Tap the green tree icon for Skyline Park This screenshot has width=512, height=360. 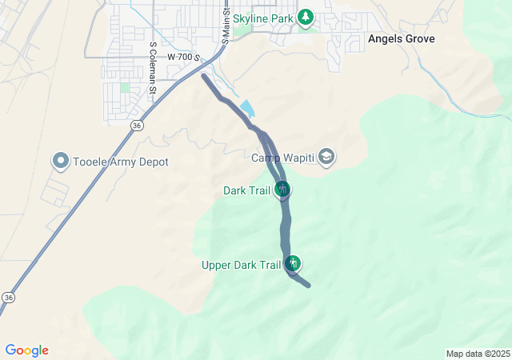click(305, 17)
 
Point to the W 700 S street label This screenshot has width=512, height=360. click(183, 58)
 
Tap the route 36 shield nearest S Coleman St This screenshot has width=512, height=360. click(138, 126)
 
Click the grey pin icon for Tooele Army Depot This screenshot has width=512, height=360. click(61, 162)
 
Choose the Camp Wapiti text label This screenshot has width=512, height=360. click(283, 158)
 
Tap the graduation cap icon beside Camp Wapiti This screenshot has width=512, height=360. click(326, 157)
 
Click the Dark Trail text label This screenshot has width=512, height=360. click(246, 190)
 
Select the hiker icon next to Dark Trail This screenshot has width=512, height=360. click(282, 190)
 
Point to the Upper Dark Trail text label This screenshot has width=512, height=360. click(241, 265)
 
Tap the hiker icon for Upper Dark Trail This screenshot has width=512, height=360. click(294, 264)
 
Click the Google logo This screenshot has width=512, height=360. click(27, 350)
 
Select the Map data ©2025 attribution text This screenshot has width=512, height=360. click(477, 354)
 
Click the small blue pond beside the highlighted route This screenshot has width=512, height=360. click(247, 107)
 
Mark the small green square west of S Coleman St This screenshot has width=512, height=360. click(125, 86)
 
